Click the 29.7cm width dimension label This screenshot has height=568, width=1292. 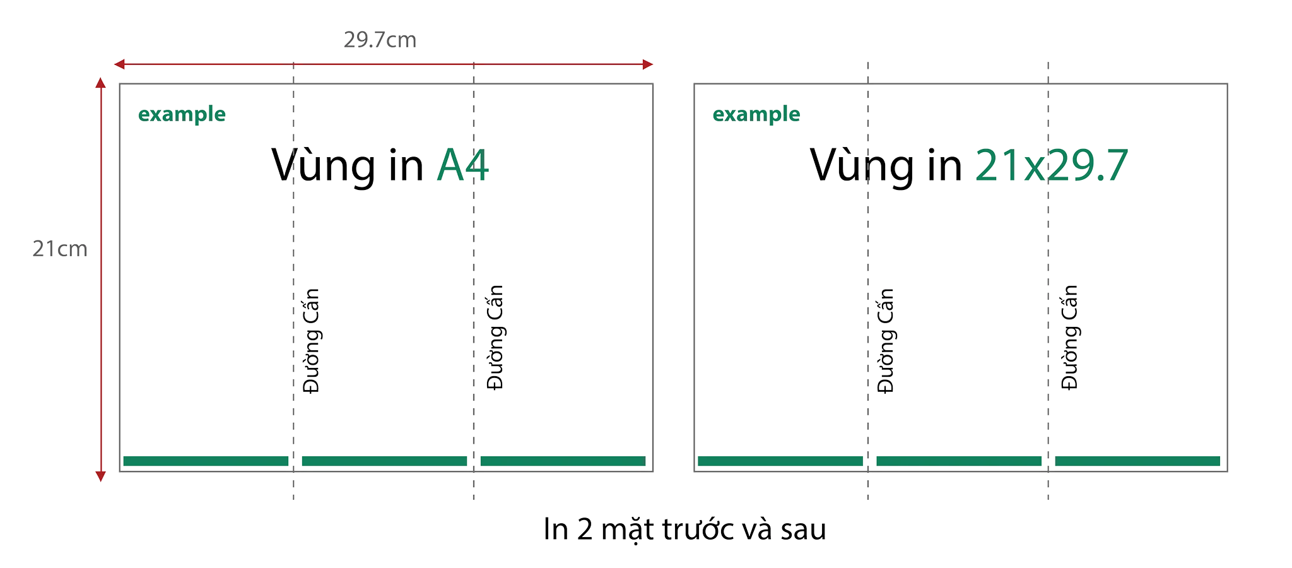(x=380, y=40)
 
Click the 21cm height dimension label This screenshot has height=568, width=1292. (x=60, y=249)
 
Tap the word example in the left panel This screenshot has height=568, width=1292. (x=182, y=114)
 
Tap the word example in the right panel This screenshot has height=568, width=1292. (x=756, y=114)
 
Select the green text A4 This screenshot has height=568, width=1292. (x=463, y=165)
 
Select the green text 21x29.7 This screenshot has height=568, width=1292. (x=1052, y=165)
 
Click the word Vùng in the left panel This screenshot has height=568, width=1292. (x=324, y=167)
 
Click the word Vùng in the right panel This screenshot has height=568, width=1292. (x=862, y=167)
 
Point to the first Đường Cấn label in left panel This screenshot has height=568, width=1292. (x=311, y=341)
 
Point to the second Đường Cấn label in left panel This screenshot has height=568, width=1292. (x=495, y=338)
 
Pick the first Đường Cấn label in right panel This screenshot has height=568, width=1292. (x=886, y=341)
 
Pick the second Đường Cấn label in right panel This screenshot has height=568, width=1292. (x=1070, y=338)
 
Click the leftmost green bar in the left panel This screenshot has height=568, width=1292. (x=206, y=461)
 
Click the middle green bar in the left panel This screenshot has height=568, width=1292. (x=384, y=461)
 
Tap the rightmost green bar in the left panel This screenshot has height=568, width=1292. (x=563, y=461)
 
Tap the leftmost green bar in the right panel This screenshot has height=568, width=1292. (x=780, y=461)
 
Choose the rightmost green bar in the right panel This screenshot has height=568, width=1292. (x=1137, y=461)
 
